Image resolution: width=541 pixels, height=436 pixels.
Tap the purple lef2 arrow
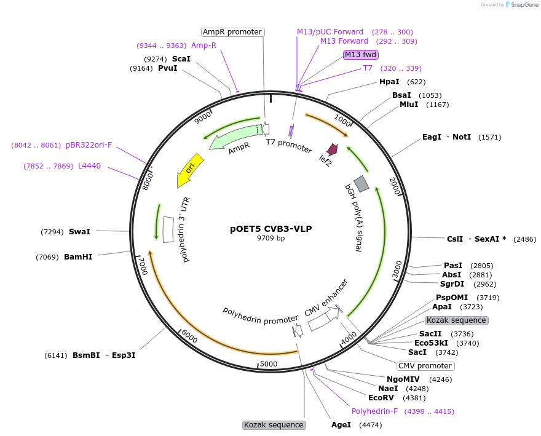(x=333, y=149)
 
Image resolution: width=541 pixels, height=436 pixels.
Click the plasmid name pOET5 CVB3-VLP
(x=271, y=229)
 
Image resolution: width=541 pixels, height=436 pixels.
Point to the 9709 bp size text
(x=271, y=238)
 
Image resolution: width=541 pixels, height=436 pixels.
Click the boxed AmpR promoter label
(x=232, y=32)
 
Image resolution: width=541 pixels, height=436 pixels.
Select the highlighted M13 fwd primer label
(x=361, y=55)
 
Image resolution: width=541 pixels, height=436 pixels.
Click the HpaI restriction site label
(x=389, y=82)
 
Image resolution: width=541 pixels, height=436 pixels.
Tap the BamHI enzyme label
(x=78, y=256)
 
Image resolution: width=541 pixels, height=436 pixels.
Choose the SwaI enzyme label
(x=79, y=232)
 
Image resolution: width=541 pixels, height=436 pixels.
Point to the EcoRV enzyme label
(x=381, y=398)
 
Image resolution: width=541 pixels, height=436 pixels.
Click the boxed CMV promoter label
(x=425, y=366)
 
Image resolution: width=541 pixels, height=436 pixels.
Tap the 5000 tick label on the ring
(x=269, y=364)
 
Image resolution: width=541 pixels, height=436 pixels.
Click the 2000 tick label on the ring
(x=395, y=185)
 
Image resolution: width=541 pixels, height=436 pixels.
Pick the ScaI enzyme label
(x=181, y=59)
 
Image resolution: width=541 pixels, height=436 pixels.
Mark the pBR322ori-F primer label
(x=89, y=145)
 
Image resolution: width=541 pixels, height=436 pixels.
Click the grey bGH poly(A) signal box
(x=361, y=183)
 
